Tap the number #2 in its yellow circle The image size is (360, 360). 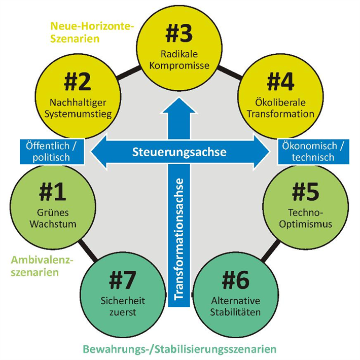point(78,81)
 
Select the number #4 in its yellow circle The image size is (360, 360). point(280,81)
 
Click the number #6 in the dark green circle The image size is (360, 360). point(237,279)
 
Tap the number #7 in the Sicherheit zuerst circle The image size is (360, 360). point(122,279)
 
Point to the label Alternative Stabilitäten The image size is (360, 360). point(237,306)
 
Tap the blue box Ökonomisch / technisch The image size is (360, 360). point(313,152)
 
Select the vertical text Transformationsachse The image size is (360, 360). point(180,238)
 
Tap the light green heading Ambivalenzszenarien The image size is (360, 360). point(42,266)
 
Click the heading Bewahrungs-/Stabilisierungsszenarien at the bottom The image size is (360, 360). point(180,349)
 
